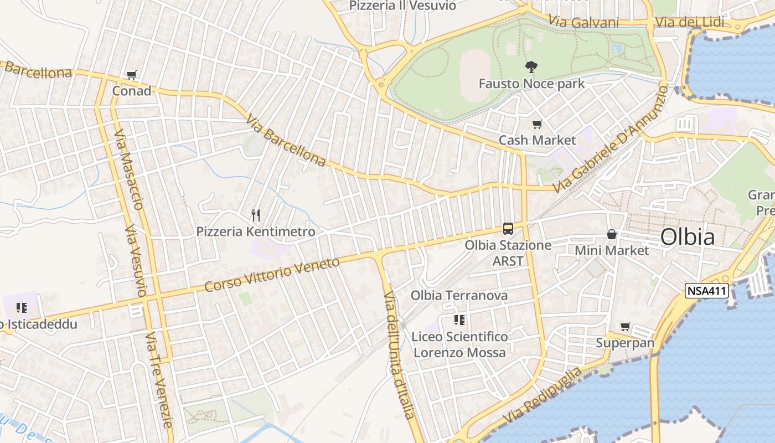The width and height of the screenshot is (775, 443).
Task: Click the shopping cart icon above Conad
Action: [x=131, y=75]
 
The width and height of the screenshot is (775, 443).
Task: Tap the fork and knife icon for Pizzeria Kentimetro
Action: [x=255, y=215]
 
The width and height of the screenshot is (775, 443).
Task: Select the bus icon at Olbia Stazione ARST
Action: [x=508, y=228]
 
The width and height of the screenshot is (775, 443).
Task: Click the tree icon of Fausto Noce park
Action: [x=531, y=67]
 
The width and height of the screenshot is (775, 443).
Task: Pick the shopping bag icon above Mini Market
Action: [x=611, y=234]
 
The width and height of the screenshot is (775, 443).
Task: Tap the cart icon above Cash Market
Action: [x=537, y=124]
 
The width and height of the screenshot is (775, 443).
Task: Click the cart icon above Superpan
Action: [x=625, y=327]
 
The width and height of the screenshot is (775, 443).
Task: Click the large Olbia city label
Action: [x=687, y=237]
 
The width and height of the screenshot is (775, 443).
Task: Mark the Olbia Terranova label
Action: [x=459, y=295]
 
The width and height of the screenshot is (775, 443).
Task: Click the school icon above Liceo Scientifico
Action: [x=459, y=320]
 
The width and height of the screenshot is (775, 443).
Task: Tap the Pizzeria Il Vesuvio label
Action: [x=402, y=6]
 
